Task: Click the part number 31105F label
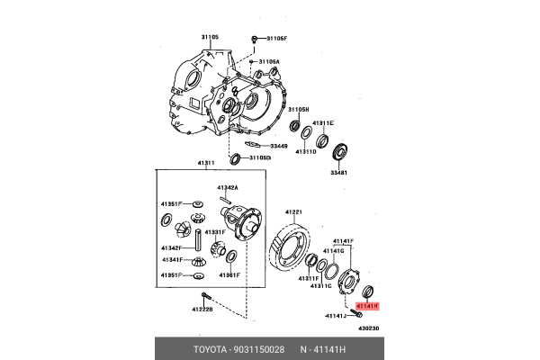tap(275, 39)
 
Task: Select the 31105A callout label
tap(270, 62)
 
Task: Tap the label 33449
tap(277, 146)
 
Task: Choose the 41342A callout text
tap(227, 187)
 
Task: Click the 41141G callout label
tap(335, 251)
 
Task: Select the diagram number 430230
tap(367, 328)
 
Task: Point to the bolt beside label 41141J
tap(351, 315)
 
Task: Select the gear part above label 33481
tap(339, 151)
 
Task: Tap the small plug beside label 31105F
tap(256, 39)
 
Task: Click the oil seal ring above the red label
tap(366, 292)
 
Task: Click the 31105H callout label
tap(299, 109)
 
